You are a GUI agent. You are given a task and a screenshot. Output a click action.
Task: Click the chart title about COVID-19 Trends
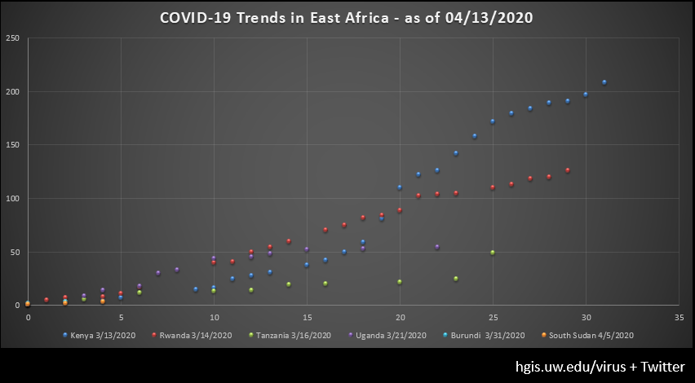[347, 18]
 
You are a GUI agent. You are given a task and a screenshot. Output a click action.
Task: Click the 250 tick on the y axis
[12, 38]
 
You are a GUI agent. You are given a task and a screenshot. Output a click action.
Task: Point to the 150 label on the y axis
[12, 145]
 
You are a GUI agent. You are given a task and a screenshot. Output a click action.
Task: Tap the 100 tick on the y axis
[12, 198]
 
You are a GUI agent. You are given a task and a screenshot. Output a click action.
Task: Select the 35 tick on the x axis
[679, 316]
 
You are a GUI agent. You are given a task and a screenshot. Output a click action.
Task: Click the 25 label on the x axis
[493, 316]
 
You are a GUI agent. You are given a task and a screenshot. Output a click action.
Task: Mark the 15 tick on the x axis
[307, 316]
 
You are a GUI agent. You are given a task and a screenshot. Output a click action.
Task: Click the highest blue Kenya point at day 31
[604, 82]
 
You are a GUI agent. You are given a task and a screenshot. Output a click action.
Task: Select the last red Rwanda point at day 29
[568, 170]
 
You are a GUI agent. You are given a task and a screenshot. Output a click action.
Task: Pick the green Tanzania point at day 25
[493, 253]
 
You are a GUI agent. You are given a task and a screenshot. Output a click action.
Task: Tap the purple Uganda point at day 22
[437, 247]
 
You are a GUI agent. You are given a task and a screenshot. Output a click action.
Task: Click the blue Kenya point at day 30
[586, 95]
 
